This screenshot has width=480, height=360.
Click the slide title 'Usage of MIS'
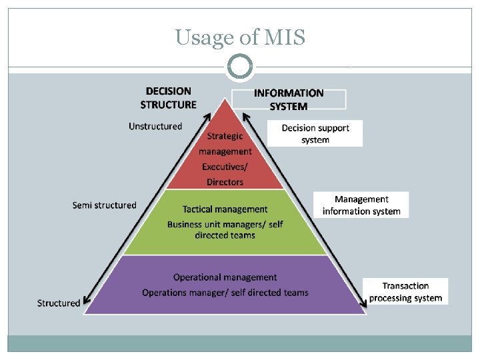(x=240, y=37)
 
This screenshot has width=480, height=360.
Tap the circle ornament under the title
(x=240, y=67)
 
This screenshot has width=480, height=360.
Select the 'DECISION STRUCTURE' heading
(x=168, y=97)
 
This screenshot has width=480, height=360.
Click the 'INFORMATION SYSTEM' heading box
(x=289, y=99)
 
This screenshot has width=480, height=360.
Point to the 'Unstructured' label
(x=155, y=126)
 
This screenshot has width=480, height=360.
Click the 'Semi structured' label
(x=104, y=205)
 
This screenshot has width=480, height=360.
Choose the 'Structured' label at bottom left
(x=59, y=303)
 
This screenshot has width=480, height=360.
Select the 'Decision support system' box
(x=315, y=133)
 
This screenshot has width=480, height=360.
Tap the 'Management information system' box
(x=361, y=205)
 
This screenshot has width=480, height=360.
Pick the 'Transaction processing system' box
(x=405, y=292)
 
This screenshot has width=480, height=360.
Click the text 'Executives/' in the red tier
(x=225, y=167)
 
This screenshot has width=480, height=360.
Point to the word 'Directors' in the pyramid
(x=225, y=182)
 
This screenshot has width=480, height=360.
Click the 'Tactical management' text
(x=225, y=209)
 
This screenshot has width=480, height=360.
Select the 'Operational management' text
(x=225, y=277)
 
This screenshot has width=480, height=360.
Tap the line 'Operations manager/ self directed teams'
(x=225, y=293)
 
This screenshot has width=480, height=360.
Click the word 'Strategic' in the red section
(x=225, y=136)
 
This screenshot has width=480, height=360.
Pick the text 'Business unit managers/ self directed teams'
(x=225, y=229)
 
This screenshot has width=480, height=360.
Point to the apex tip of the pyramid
(x=225, y=100)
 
